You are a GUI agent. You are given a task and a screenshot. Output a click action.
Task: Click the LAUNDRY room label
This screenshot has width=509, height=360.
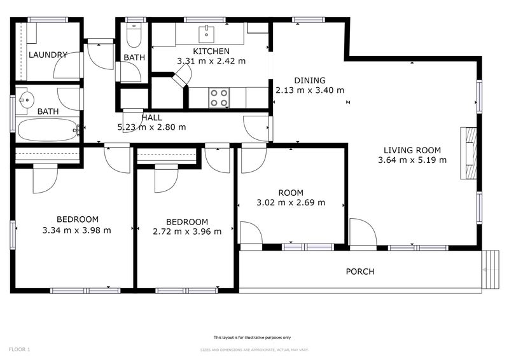click(x=48, y=55)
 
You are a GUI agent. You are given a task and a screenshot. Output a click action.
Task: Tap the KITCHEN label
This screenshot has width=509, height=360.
click(x=211, y=52)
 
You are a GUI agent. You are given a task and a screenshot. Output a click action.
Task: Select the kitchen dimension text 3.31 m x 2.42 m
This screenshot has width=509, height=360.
click(x=211, y=61)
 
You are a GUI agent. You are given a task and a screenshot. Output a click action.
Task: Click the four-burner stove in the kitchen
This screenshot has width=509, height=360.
click(x=219, y=98)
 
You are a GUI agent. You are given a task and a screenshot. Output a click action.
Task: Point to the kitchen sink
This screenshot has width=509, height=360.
click(x=206, y=34)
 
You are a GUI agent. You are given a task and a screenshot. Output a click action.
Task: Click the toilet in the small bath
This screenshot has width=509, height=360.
click(x=134, y=35)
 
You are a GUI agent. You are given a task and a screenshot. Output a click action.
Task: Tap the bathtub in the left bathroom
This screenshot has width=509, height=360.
click(x=48, y=130)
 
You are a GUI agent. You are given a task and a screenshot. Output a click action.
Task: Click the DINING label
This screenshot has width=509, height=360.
click(x=310, y=81)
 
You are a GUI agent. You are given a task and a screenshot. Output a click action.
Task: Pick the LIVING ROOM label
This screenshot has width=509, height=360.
click(x=412, y=150)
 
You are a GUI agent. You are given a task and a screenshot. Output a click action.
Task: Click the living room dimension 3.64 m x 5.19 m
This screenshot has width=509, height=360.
click(x=412, y=160)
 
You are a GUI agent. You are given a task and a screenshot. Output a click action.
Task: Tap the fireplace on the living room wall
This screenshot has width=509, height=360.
click(x=468, y=153)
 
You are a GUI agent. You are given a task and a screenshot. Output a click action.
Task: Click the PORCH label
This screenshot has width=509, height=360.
click(x=360, y=272)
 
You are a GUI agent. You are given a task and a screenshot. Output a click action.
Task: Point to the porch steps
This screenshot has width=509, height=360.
click(x=491, y=270)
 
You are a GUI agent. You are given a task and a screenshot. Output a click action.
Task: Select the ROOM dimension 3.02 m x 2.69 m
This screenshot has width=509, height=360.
click(x=291, y=202)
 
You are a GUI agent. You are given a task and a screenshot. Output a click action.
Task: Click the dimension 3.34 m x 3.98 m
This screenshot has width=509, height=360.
click(x=76, y=230)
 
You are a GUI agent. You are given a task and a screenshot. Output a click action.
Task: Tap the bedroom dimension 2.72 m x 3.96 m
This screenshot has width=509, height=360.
click(x=187, y=232)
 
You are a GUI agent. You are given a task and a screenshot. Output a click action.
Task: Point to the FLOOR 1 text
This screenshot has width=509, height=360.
click(x=20, y=350)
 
